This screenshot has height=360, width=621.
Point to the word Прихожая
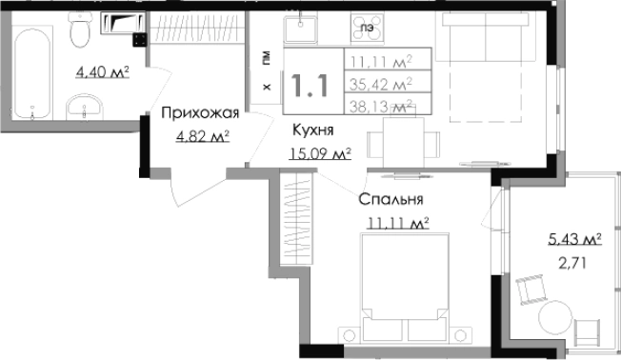coord(199,114)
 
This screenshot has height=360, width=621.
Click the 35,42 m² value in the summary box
coord(380,85)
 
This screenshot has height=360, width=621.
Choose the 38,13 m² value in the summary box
coord(380,106)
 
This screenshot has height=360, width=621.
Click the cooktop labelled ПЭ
coord(366,29)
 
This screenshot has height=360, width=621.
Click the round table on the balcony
coord(554,320)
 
